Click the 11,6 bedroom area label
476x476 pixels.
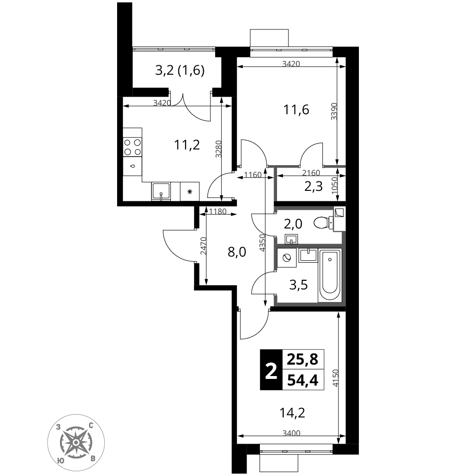(296, 109)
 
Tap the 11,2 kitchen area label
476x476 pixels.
(187, 145)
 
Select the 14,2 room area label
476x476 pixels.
(292, 413)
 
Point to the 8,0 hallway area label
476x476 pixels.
(237, 252)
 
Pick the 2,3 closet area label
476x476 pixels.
(314, 187)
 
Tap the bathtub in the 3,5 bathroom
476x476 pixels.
(330, 275)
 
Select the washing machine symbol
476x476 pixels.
(287, 258)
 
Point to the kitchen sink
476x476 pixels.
(161, 191)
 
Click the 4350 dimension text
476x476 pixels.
(263, 243)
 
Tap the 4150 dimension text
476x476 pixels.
(335, 378)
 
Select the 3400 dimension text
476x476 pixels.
(291, 433)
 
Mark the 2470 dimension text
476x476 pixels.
(203, 246)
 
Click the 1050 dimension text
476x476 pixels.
(335, 186)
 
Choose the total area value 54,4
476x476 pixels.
(303, 380)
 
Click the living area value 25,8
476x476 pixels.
(303, 359)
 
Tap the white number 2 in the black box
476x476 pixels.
(271, 372)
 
